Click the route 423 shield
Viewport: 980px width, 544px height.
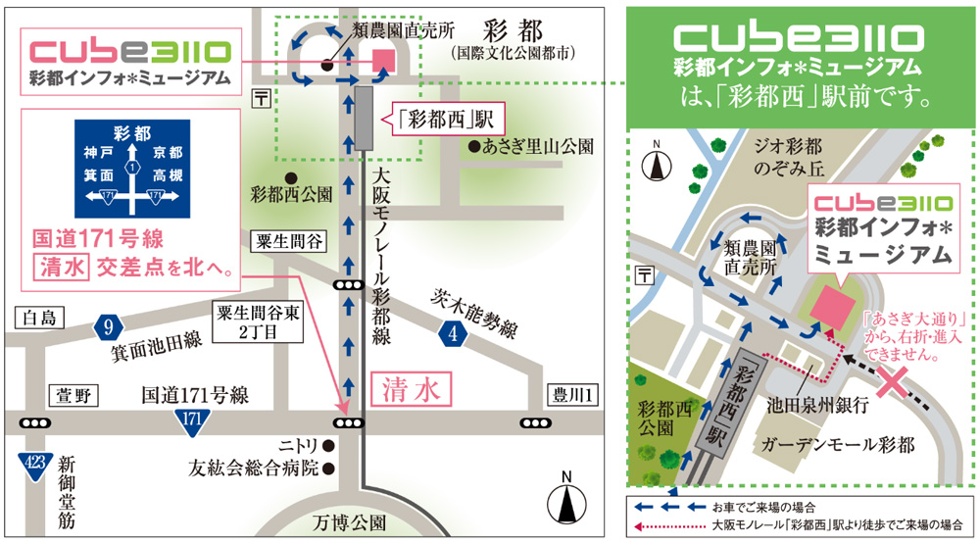click(35, 464)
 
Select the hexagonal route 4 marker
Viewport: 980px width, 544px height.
click(452, 336)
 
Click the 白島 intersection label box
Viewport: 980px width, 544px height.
click(39, 318)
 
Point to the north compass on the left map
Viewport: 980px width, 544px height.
click(566, 503)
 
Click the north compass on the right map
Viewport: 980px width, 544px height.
click(656, 165)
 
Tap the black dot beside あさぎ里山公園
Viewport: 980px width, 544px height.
click(474, 148)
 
